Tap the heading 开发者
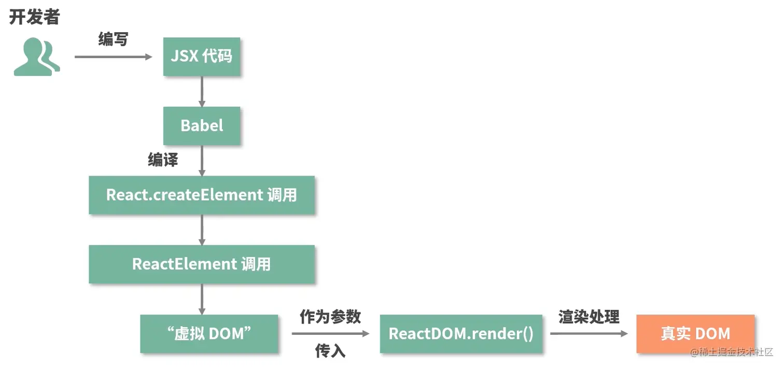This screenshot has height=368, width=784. [34, 17]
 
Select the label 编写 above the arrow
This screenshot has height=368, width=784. [113, 39]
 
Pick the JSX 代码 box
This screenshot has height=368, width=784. [202, 56]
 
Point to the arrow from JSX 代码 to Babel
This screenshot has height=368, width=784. [202, 91]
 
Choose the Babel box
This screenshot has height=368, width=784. [202, 125]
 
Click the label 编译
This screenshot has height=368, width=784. [163, 160]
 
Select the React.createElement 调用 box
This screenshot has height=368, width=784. [202, 195]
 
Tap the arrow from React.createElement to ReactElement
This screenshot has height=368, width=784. [202, 230]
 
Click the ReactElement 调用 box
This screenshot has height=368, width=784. [202, 264]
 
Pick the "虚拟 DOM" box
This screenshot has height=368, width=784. [209, 333]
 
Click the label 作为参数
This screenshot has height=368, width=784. [330, 317]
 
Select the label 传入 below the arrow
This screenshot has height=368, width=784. [330, 351]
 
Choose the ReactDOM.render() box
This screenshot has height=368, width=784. [461, 333]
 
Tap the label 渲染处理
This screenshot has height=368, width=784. [589, 317]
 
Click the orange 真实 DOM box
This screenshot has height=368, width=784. [695, 333]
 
